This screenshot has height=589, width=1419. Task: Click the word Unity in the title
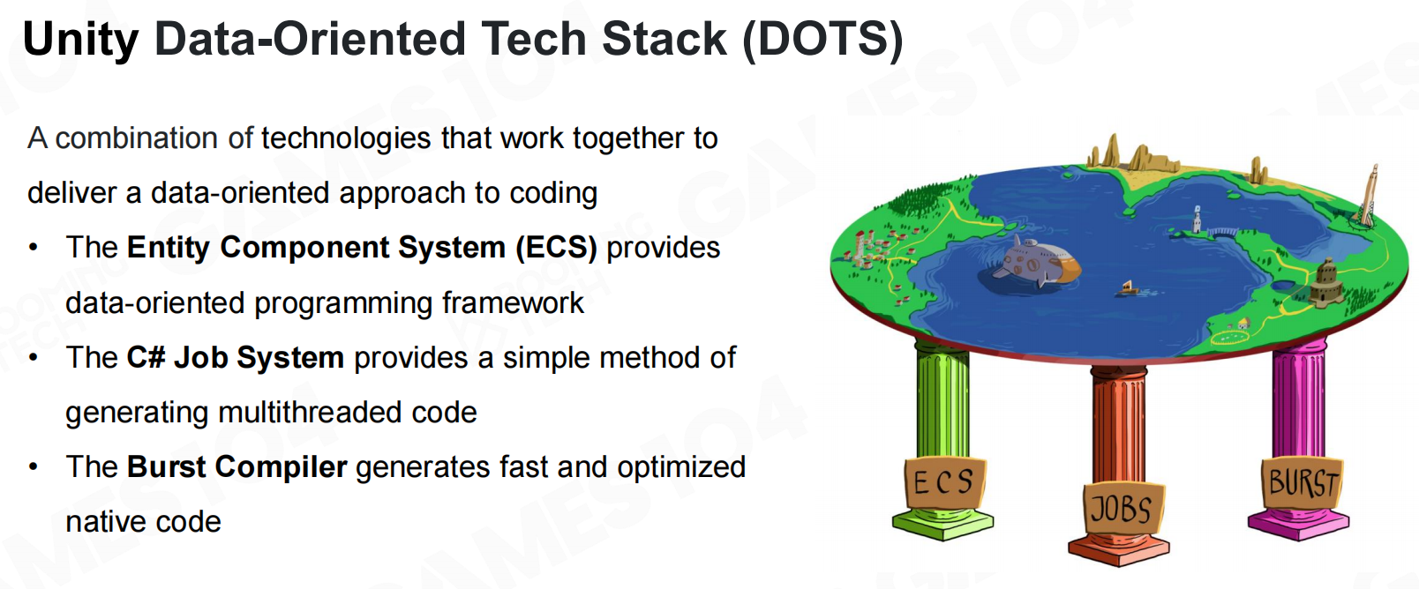[x=80, y=39]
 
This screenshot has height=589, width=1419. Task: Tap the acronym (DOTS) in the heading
[x=822, y=39]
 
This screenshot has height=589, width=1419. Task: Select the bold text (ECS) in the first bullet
[x=556, y=248]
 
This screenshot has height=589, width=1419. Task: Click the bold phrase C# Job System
[x=235, y=357]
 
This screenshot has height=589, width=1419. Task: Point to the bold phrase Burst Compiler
[x=236, y=467]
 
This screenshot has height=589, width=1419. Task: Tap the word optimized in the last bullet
[x=681, y=468]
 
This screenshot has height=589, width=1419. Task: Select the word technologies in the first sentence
[x=347, y=138]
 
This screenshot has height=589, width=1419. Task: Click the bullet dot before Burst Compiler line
[x=34, y=467]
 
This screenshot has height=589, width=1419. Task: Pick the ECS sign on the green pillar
[x=944, y=482]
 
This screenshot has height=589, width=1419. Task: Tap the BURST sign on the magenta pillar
[x=1303, y=482]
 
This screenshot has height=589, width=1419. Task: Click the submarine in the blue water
[x=1036, y=262]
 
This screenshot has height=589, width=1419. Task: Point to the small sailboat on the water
[x=1128, y=289]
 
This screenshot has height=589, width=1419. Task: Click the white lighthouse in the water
[x=1197, y=220]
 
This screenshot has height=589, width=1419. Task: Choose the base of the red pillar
[x=1119, y=549]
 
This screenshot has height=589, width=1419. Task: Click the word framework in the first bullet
[x=513, y=302]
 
